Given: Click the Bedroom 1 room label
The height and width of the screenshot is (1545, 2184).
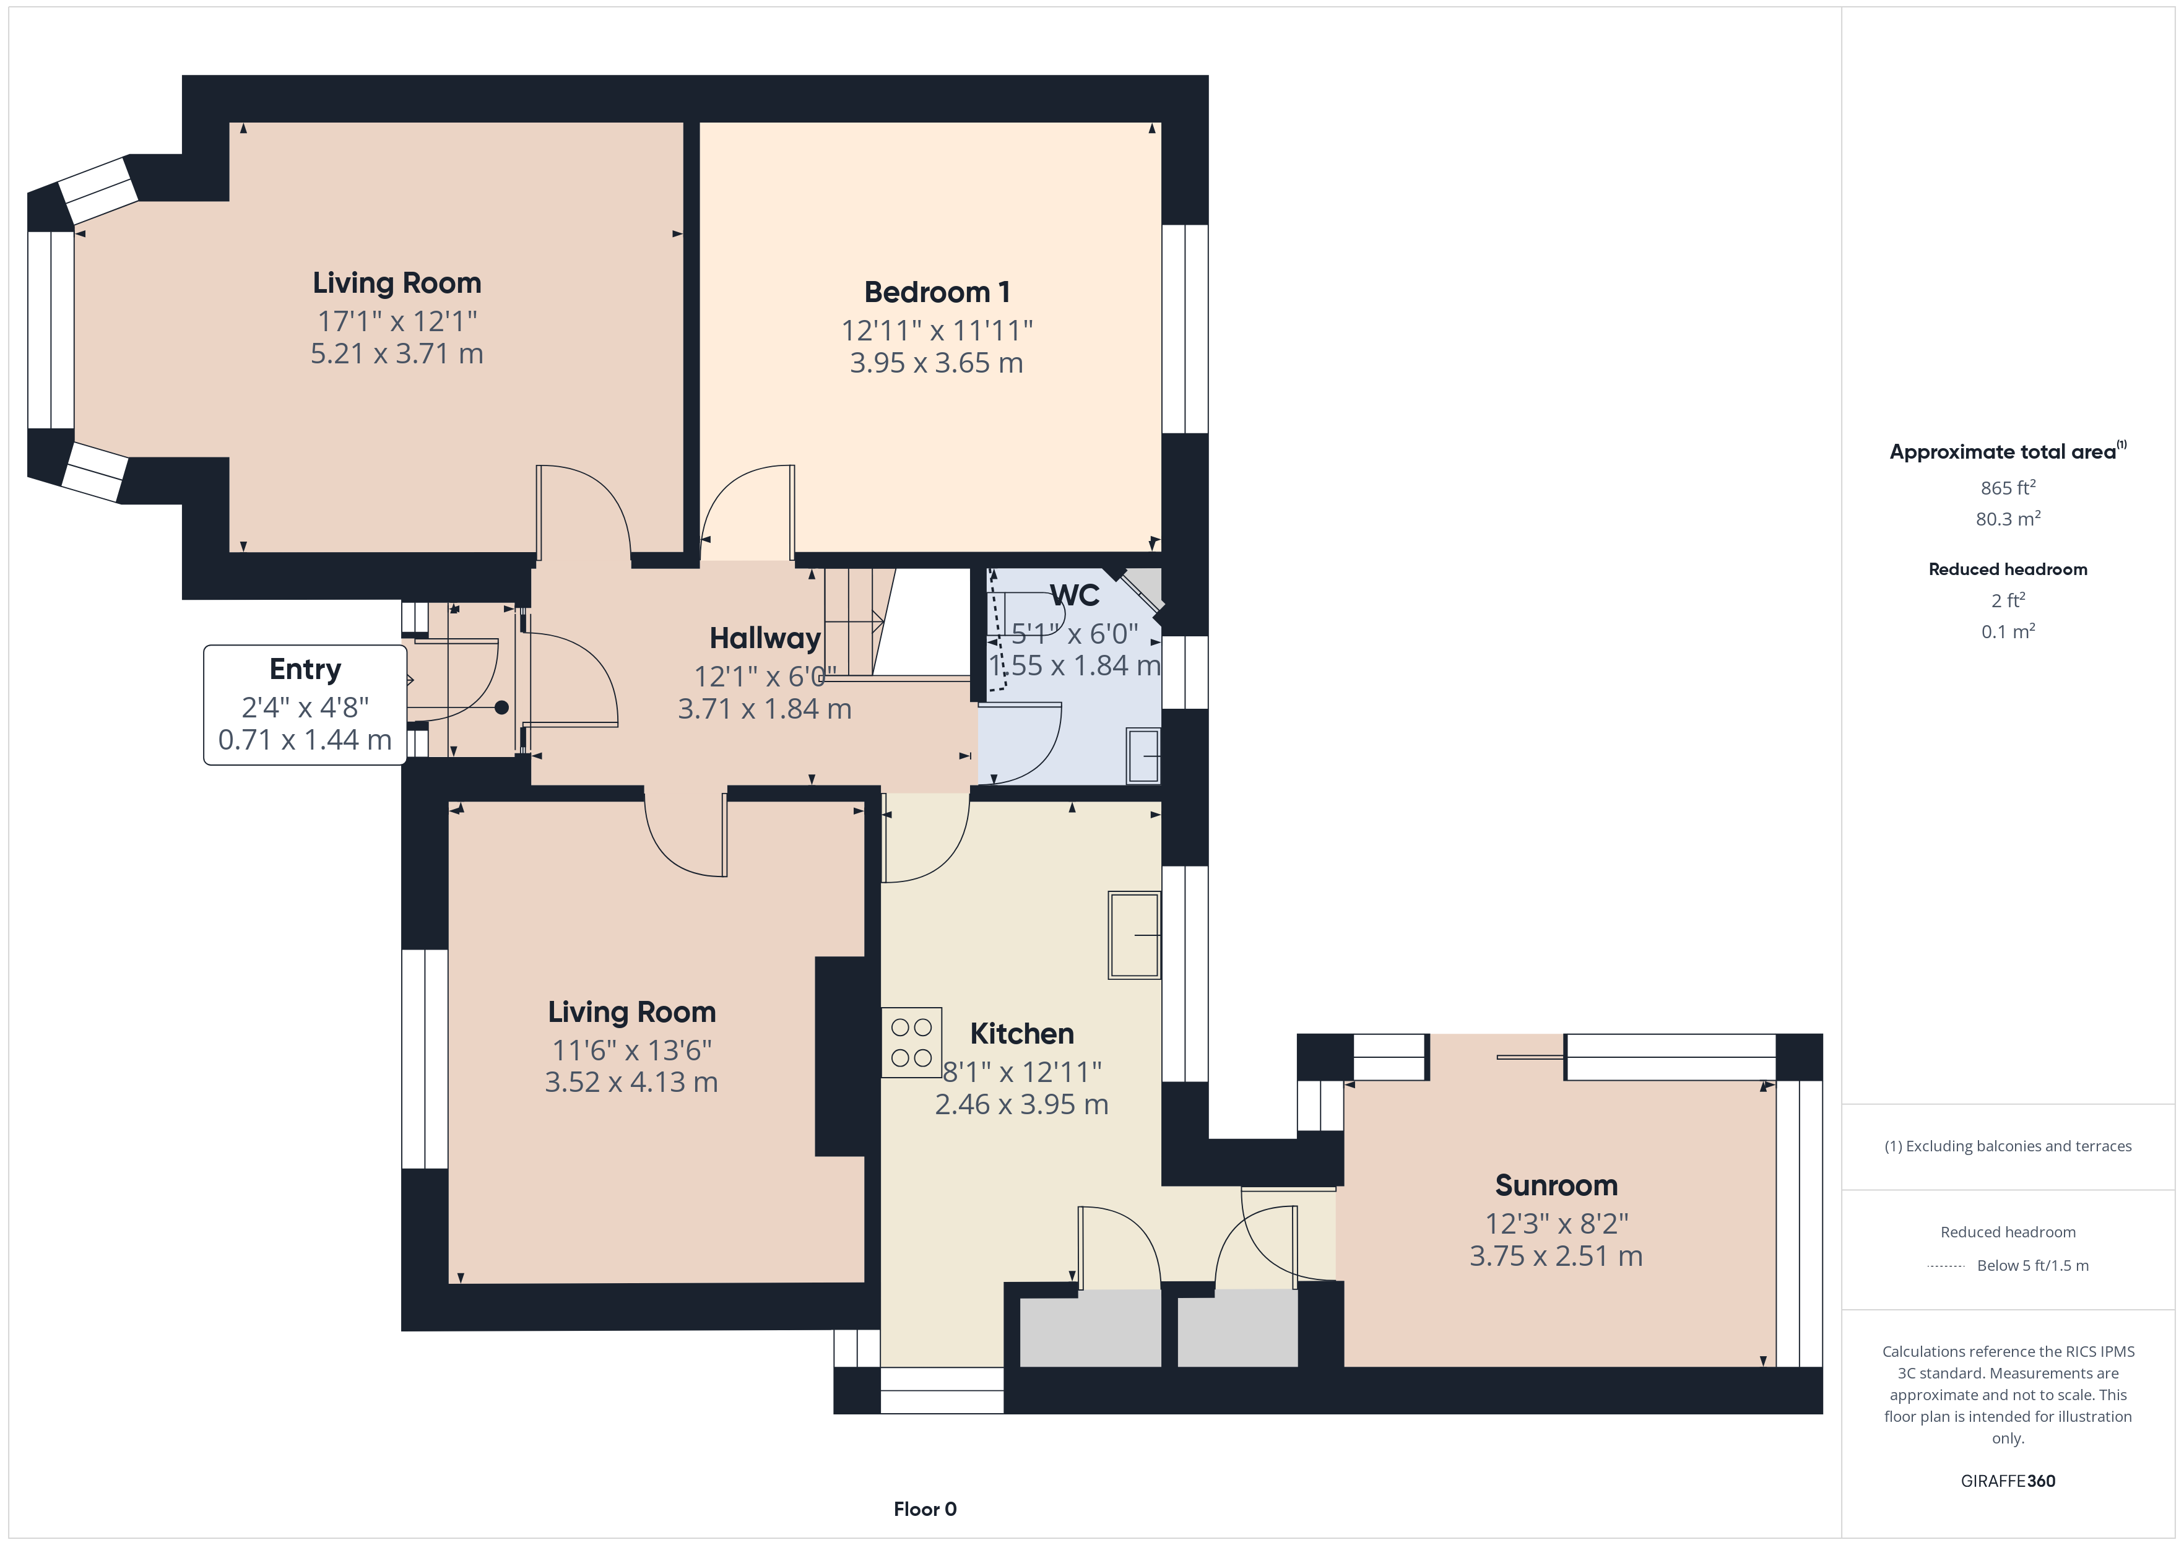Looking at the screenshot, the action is pyautogui.click(x=937, y=292).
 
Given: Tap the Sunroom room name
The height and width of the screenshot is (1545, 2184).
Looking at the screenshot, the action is pyautogui.click(x=1556, y=1185).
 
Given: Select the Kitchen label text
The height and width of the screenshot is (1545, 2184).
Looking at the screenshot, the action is pyautogui.click(x=1021, y=1034).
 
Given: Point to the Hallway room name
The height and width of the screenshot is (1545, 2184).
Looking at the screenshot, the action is pyautogui.click(x=765, y=638).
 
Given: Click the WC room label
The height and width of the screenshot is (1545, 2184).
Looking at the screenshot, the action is pyautogui.click(x=1075, y=595).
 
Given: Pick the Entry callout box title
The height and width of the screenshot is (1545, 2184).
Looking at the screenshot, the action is pyautogui.click(x=305, y=670).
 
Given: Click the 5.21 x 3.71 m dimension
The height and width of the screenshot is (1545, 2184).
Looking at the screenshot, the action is pyautogui.click(x=397, y=354).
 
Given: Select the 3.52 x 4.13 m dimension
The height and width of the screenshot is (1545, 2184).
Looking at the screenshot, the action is pyautogui.click(x=631, y=1083).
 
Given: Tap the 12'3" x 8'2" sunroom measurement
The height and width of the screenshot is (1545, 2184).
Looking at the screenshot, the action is pyautogui.click(x=1556, y=1224).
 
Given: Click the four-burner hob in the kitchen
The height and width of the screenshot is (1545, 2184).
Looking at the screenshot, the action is pyautogui.click(x=911, y=1042).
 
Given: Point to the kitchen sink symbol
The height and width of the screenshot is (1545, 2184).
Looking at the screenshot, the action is pyautogui.click(x=1135, y=935).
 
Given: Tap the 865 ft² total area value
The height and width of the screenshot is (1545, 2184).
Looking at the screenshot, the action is pyautogui.click(x=2008, y=488).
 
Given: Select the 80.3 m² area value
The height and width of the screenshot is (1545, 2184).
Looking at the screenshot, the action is pyautogui.click(x=2008, y=519).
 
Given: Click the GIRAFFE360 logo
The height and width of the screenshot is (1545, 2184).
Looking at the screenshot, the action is pyautogui.click(x=2008, y=1481).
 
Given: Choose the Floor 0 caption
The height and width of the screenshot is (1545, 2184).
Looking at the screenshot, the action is pyautogui.click(x=925, y=1509).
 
